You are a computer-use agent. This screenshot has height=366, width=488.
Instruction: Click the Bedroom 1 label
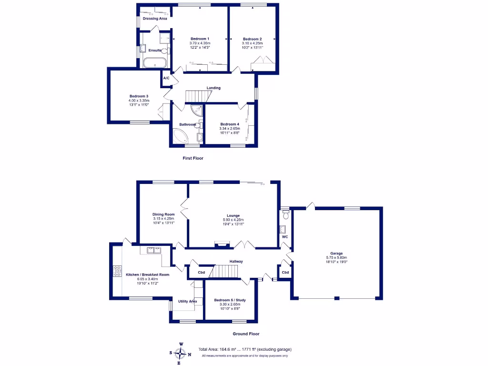pos(200,39)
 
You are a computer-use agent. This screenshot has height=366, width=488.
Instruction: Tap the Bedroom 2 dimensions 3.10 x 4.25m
pos(252,43)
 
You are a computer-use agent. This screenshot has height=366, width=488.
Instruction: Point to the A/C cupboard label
pos(166,78)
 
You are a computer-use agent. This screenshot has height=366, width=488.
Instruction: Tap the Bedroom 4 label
pos(230,124)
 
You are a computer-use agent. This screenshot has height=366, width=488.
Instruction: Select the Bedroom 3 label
pos(139,96)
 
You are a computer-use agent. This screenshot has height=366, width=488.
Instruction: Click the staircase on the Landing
pos(196,96)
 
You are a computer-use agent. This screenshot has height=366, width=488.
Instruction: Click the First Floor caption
pos(193,158)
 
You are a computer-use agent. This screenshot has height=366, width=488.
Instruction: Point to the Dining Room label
pos(163,214)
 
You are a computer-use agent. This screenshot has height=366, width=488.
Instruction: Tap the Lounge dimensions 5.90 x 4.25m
pos(233,220)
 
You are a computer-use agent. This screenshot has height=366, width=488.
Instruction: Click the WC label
pos(285,236)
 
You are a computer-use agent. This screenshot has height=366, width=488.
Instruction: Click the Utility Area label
pos(187,301)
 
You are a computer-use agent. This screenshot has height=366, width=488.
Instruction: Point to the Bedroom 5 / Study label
pos(230,300)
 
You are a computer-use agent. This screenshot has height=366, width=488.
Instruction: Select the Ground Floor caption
pos(246,334)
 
